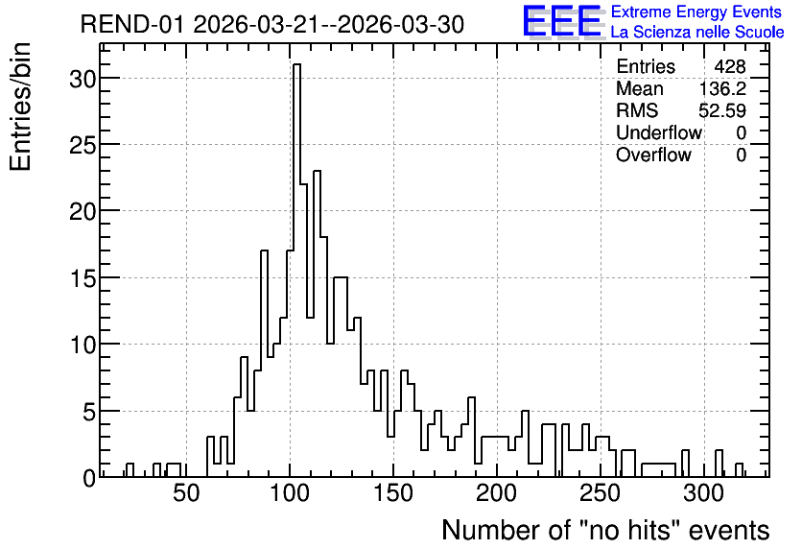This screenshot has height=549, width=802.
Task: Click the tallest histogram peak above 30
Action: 296,65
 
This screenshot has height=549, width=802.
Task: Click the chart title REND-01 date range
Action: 272,24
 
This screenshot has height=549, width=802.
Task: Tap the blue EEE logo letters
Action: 562,22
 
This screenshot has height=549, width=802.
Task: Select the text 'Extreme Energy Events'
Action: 696,12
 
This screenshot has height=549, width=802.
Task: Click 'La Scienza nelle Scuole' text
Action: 697,32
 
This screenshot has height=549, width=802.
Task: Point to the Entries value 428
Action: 730,66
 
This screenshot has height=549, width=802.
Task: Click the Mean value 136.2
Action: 722,88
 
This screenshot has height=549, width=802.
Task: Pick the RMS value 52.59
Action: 722,110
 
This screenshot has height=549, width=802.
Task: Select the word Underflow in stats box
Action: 659,132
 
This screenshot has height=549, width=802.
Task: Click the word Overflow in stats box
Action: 653,155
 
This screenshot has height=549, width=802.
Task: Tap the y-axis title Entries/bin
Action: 21,107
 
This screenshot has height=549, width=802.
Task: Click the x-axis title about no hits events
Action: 605,530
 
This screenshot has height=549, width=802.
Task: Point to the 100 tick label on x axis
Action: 290,493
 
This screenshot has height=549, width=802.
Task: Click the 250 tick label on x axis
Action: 600,493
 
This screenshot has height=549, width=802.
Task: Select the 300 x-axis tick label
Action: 703,493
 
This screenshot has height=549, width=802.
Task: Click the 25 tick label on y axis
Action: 83,146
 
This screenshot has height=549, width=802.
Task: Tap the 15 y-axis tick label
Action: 83,279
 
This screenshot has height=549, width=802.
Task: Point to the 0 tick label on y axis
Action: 89,478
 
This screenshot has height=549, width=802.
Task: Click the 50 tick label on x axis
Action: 186,493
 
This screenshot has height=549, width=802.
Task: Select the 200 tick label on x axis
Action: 496,493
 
